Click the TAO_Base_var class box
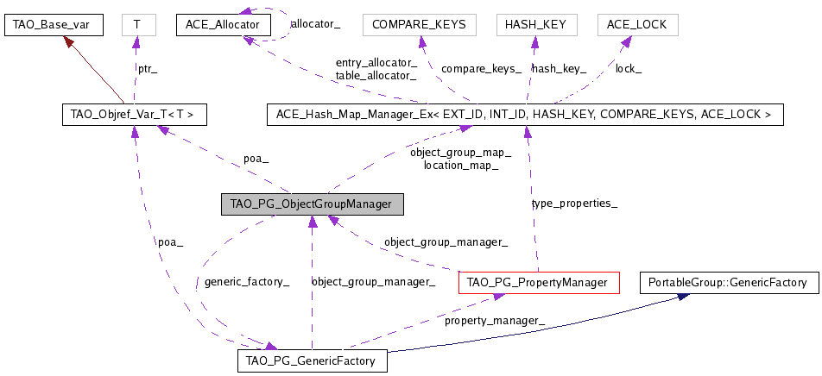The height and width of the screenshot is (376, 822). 54,25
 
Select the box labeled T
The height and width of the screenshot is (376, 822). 136,25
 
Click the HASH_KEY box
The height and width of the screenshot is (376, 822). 536,25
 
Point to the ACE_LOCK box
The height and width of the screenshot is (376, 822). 637,25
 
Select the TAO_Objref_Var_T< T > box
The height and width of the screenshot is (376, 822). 135,115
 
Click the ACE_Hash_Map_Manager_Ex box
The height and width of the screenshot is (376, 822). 524,115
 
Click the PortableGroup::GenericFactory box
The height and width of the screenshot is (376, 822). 727,282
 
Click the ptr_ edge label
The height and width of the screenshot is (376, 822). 149,67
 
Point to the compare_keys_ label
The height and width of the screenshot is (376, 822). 481,68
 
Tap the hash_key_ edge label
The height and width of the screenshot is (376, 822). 559,68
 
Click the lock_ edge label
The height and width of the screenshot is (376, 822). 628,68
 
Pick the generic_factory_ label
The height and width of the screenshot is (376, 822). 246,282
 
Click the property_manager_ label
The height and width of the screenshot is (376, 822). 495,321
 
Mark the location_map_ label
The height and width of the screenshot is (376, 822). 460,165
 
